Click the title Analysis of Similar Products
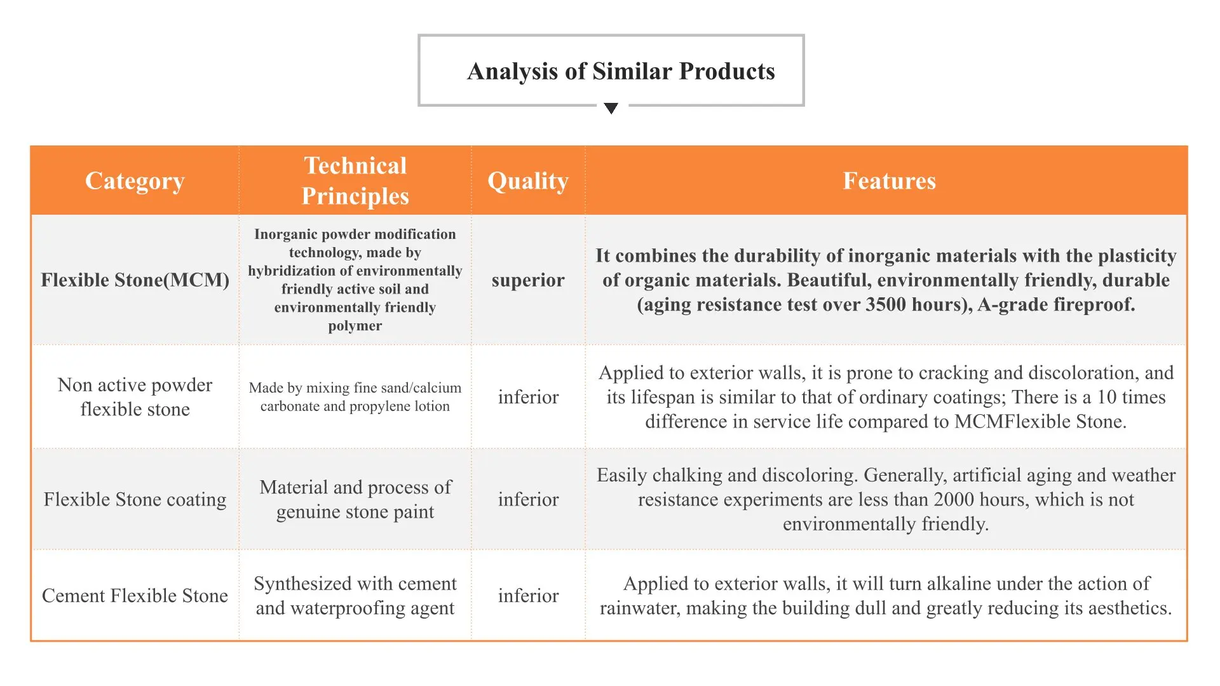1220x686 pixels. [621, 71]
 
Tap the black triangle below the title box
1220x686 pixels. [611, 109]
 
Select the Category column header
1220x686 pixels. [135, 181]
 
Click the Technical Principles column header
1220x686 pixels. [355, 181]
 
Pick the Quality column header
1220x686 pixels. [528, 181]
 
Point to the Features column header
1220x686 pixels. [889, 181]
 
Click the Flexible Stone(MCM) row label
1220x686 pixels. [135, 280]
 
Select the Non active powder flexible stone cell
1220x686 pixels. [135, 397]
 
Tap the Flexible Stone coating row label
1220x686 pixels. [135, 499]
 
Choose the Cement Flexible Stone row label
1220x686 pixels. [135, 596]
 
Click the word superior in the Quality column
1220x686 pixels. [528, 281]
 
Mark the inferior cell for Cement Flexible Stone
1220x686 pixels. [528, 596]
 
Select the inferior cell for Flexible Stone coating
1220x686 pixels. [528, 499]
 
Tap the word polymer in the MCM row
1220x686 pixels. [355, 326]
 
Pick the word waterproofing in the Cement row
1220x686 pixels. [356, 609]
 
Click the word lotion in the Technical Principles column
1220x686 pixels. [432, 406]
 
